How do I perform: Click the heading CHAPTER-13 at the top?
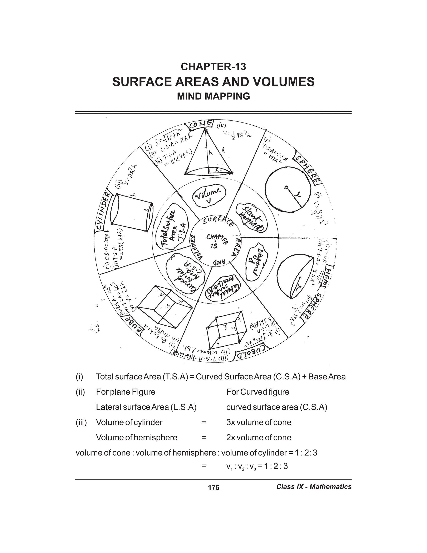coord(213,67)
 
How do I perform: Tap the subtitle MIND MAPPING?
coord(213,96)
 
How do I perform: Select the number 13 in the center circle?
coord(214,246)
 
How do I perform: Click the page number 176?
coord(213,487)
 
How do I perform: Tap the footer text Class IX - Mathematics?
coord(314,487)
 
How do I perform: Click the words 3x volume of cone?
coord(259,422)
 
